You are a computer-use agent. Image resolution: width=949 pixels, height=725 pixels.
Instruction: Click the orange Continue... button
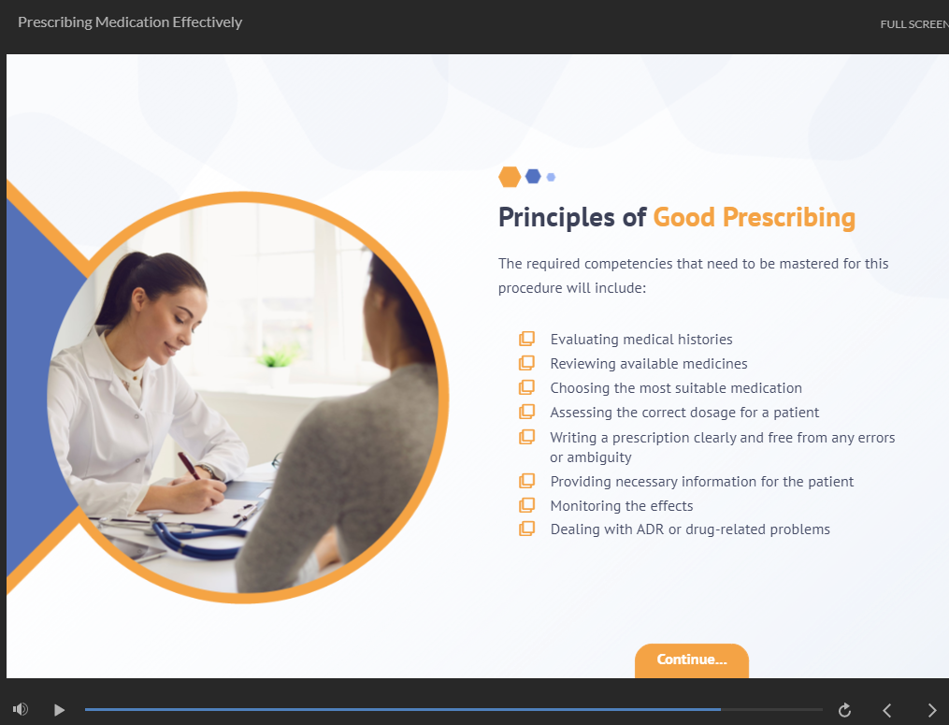pos(691,660)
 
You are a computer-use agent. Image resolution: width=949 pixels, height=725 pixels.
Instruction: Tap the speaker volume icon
pos(21,709)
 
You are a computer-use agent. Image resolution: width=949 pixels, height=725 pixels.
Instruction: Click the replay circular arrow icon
pos(844,710)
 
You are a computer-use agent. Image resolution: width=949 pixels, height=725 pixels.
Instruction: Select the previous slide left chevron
pos(887,710)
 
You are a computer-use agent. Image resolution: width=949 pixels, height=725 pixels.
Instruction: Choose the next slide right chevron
pos(932,710)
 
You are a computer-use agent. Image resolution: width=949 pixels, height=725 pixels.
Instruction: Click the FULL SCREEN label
pos(914,24)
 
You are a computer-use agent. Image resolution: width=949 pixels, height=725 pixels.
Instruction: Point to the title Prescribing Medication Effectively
pos(130,22)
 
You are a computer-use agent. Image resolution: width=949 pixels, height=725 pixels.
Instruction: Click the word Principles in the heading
pos(556,217)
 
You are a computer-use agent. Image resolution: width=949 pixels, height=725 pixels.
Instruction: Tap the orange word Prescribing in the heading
pos(788,217)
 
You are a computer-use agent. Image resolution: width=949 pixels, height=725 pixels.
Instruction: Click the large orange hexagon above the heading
pos(510,177)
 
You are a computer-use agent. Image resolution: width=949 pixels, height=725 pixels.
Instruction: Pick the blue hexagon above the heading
pos(533,176)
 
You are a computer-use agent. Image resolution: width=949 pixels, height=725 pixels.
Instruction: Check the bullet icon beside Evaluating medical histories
pos(526,339)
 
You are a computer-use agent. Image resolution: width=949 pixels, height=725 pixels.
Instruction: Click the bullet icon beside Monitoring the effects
pos(526,505)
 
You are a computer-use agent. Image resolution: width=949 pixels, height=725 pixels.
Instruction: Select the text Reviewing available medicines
pos(649,363)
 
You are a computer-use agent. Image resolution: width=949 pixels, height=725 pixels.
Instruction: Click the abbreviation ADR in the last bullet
pos(650,529)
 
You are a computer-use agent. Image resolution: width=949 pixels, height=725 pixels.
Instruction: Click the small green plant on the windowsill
pos(279,356)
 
